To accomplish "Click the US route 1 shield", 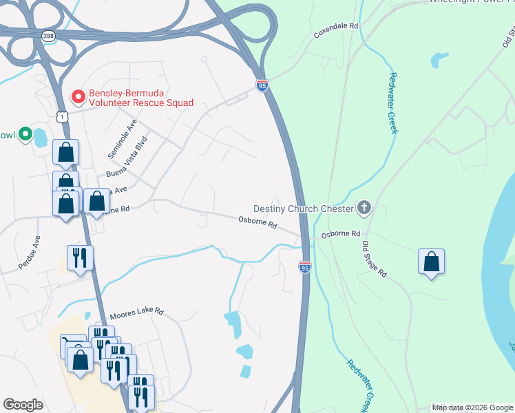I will (x=63, y=117).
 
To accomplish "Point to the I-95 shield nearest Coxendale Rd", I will (x=262, y=85).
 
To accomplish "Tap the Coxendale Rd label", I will (x=336, y=25).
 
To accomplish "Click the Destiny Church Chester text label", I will (x=304, y=209).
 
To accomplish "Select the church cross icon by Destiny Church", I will (x=364, y=208).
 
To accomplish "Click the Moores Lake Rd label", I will (x=136, y=311).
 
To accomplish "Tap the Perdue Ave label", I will (x=30, y=252).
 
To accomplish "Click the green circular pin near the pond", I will (x=25, y=134).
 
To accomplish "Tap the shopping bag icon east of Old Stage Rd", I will (x=431, y=262).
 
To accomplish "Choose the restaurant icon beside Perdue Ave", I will (x=80, y=257).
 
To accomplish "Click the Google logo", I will (x=23, y=405).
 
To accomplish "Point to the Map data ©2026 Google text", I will (x=472, y=407).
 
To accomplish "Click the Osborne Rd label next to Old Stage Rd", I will (x=341, y=234).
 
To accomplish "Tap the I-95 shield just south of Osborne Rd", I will (x=305, y=266).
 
